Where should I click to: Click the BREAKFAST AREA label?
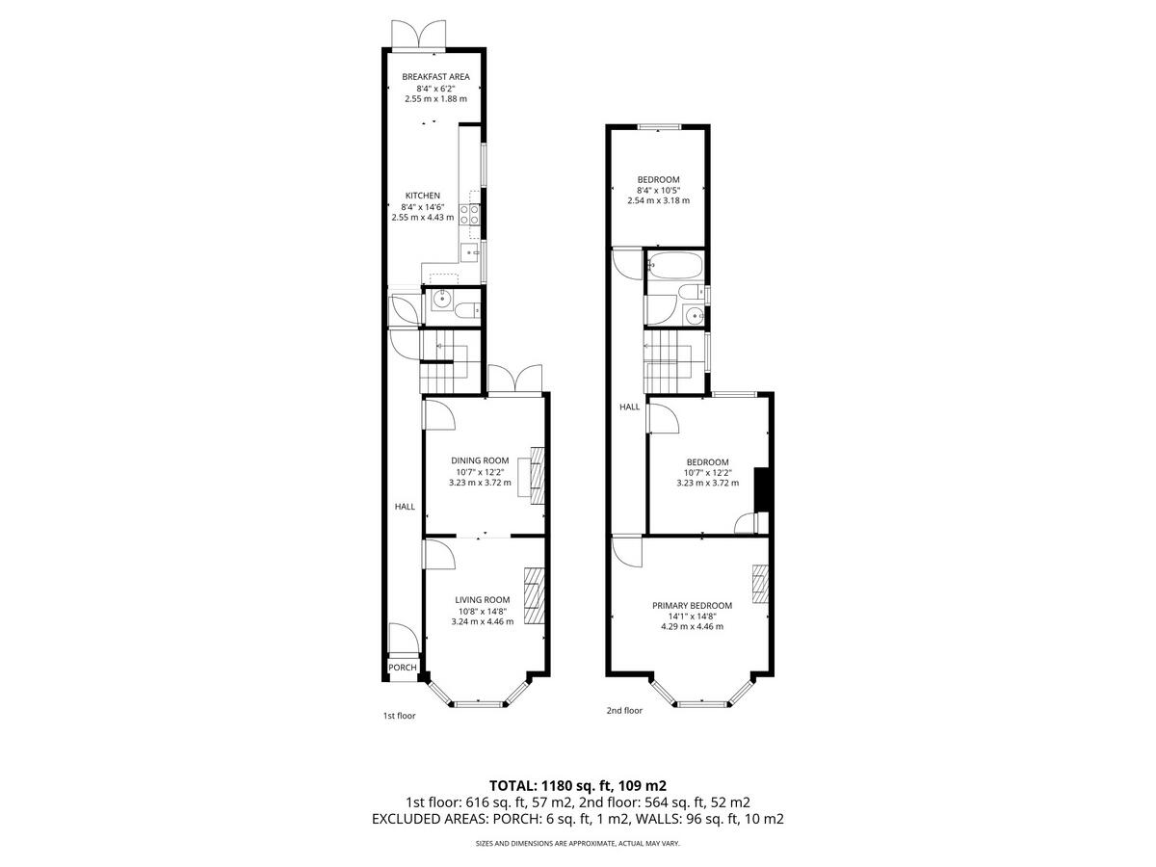click(x=435, y=77)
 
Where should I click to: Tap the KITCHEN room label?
click(x=422, y=196)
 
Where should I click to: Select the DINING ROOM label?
click(x=480, y=460)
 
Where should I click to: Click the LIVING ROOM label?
click(x=483, y=599)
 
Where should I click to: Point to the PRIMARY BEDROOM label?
click(x=692, y=605)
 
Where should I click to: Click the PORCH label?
click(x=403, y=668)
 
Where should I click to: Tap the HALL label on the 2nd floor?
click(x=629, y=407)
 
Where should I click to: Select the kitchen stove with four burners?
click(x=470, y=214)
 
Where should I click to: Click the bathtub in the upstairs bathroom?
click(x=674, y=266)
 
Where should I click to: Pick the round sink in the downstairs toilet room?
click(x=441, y=299)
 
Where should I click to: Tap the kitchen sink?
click(x=469, y=253)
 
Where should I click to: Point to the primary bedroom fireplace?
click(x=760, y=584)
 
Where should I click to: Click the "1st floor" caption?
click(x=399, y=716)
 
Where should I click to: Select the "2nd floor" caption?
click(x=624, y=711)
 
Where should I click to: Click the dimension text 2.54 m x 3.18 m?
click(x=658, y=200)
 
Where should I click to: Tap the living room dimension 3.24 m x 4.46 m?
click(x=483, y=621)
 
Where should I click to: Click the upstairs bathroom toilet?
click(x=690, y=292)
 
